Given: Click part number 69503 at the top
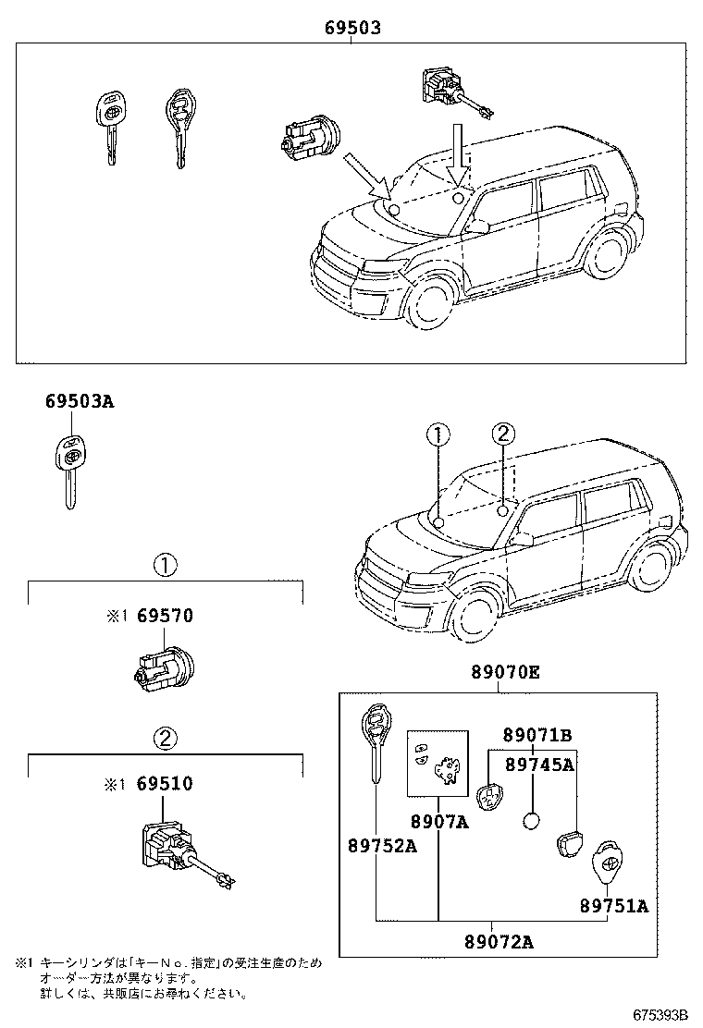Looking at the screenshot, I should [352, 29].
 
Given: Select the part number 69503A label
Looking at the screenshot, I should [80, 401].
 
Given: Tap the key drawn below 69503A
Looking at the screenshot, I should [69, 471].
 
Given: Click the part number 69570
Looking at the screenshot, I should [165, 616].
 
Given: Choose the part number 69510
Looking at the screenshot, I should [165, 784].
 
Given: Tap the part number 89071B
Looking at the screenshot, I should [537, 736].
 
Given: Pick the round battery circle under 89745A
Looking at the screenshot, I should [532, 821].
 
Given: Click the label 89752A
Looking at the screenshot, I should [382, 845].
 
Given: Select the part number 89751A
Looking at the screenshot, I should [614, 906].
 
